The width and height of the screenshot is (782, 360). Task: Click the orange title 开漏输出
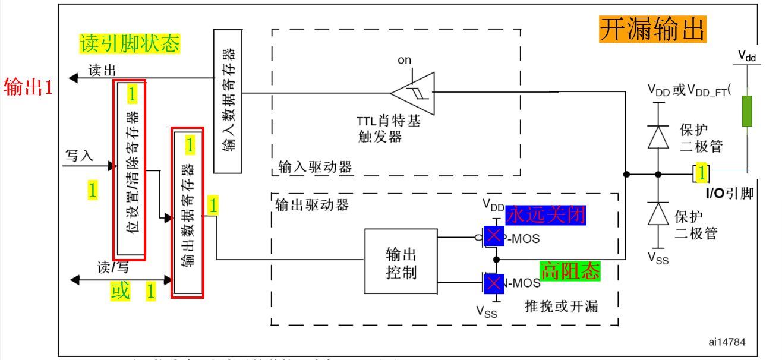pyautogui.click(x=652, y=29)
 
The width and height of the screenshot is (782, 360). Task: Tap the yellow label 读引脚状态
pyautogui.click(x=130, y=43)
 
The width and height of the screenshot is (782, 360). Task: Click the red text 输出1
pyautogui.click(x=29, y=88)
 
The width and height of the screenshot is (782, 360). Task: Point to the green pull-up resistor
pyautogui.click(x=747, y=111)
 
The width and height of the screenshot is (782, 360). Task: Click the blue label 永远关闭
pyautogui.click(x=545, y=214)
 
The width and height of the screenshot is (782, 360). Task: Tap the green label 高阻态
pyautogui.click(x=570, y=271)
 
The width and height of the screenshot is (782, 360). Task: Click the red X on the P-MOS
pyautogui.click(x=494, y=236)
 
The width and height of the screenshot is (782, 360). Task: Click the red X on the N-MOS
pyautogui.click(x=494, y=283)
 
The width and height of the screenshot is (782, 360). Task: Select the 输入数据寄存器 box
pyautogui.click(x=228, y=101)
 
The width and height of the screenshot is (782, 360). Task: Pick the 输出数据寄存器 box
pyautogui.click(x=188, y=214)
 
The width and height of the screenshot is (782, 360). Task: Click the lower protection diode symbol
pyautogui.click(x=658, y=213)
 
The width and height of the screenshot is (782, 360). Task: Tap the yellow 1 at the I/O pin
pyautogui.click(x=702, y=173)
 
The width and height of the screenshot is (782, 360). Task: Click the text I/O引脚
pyautogui.click(x=729, y=193)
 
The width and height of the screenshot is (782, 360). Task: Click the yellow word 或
pyautogui.click(x=120, y=292)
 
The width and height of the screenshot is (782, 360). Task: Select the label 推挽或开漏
pyautogui.click(x=562, y=306)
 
